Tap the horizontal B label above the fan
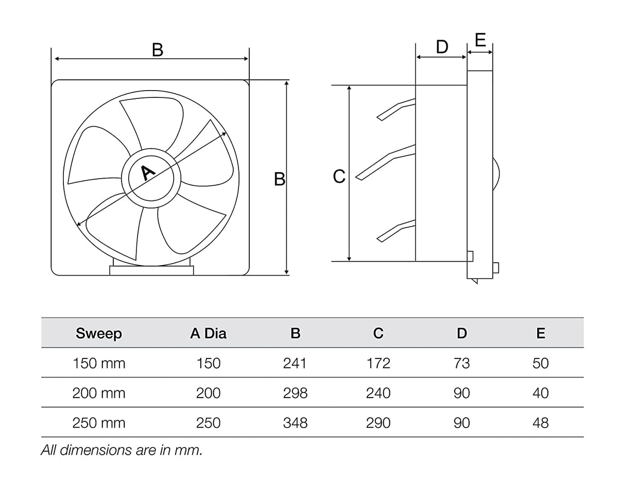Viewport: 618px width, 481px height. [158, 50]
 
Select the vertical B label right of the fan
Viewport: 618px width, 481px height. [279, 179]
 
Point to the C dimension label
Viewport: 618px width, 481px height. [339, 177]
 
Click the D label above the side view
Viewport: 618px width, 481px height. [442, 47]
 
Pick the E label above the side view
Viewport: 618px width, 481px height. [480, 40]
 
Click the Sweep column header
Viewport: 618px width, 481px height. [99, 334]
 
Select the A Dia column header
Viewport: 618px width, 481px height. [208, 334]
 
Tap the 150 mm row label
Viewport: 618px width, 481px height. [99, 363]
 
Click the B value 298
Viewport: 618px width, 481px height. [295, 393]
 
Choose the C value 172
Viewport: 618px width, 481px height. [378, 363]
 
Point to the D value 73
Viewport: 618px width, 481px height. [461, 363]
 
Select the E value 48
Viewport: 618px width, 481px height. [541, 423]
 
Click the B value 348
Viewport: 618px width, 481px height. [295, 423]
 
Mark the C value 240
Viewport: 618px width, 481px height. [378, 393]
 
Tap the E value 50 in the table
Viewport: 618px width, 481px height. [541, 363]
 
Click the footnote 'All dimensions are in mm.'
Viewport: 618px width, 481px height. [122, 450]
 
